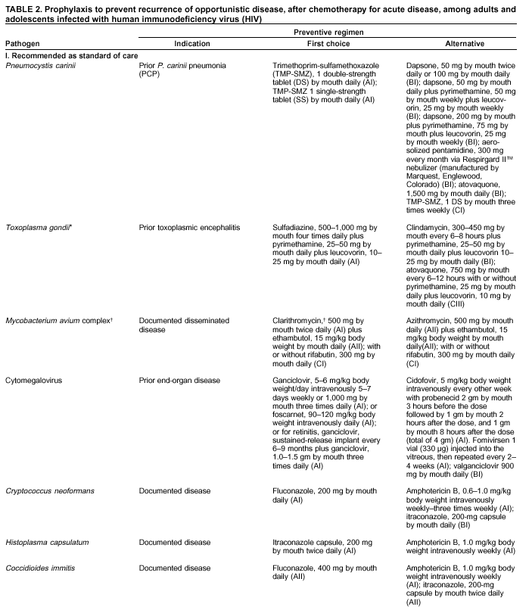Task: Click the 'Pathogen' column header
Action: coord(22,45)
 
